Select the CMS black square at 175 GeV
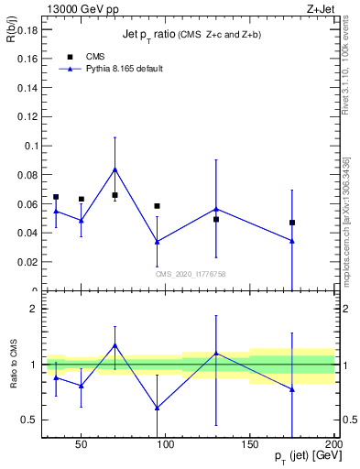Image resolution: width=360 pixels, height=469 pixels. (x=292, y=223)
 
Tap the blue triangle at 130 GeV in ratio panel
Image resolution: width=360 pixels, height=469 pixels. (x=216, y=353)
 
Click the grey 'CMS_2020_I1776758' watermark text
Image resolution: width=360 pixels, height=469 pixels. (x=191, y=274)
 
